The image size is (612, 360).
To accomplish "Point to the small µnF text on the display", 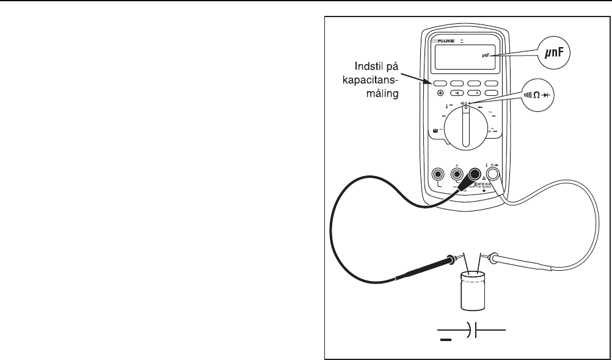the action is [487, 56].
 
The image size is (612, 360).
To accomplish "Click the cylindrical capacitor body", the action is [473, 292].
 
